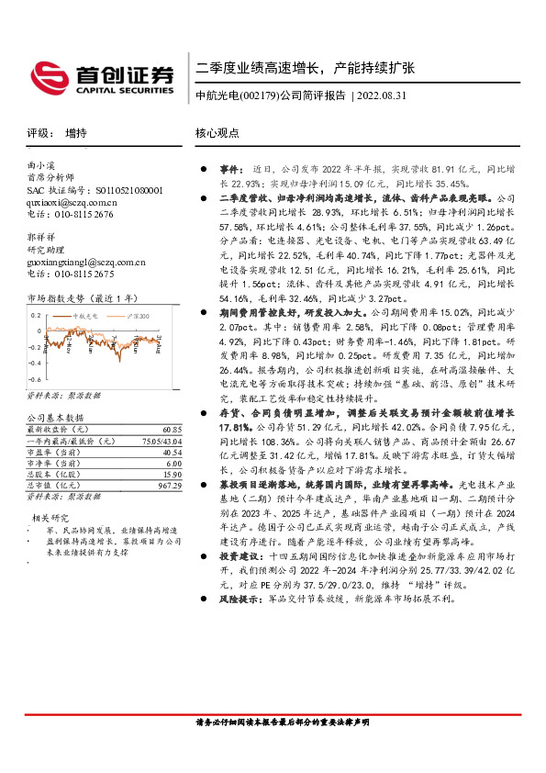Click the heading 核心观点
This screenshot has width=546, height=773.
[217, 132]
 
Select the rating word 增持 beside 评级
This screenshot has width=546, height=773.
[76, 132]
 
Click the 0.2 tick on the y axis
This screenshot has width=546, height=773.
[34, 315]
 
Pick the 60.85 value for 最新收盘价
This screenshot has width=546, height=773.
[171, 430]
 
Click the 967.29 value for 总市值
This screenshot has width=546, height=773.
[169, 485]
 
